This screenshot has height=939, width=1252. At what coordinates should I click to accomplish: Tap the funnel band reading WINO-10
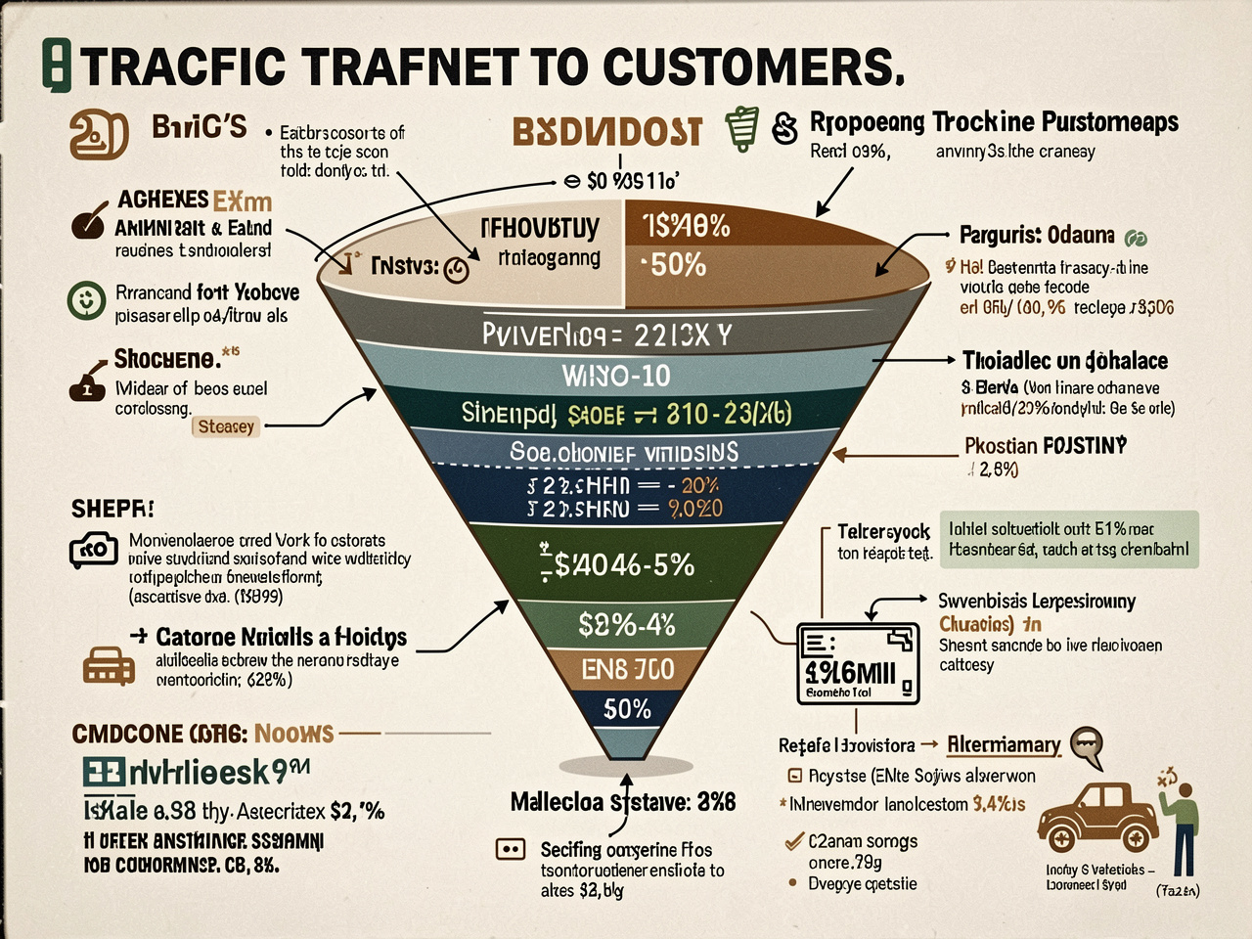pyautogui.click(x=616, y=375)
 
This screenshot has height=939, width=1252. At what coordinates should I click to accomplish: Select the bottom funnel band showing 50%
pyautogui.click(x=627, y=708)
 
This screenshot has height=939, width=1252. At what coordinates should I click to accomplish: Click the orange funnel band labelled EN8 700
pyautogui.click(x=627, y=669)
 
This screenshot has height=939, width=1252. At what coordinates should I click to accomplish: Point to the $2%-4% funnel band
pyautogui.click(x=627, y=624)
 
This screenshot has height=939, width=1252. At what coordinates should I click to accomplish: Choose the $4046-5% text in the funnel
pyautogui.click(x=625, y=564)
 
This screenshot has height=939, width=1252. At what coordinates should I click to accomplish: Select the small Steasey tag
pyautogui.click(x=226, y=426)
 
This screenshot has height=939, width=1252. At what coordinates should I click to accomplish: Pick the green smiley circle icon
pyautogui.click(x=86, y=300)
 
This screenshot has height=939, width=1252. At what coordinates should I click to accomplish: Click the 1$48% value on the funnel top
pyautogui.click(x=687, y=227)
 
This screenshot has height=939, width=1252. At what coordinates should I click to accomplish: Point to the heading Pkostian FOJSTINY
pyautogui.click(x=1045, y=446)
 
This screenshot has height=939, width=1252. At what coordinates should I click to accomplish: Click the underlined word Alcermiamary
pyautogui.click(x=1004, y=745)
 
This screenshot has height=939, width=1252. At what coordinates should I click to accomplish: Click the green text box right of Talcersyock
pyautogui.click(x=1067, y=539)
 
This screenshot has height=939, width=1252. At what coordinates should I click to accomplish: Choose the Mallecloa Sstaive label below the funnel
pyautogui.click(x=622, y=803)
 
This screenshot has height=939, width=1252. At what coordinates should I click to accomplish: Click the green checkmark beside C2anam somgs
pyautogui.click(x=794, y=840)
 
